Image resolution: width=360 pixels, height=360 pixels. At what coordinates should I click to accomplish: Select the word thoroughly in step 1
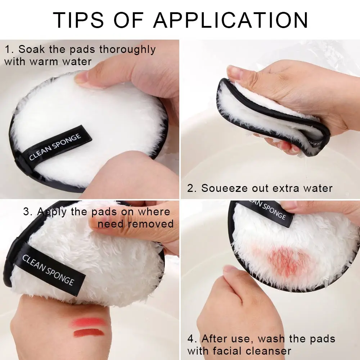(128, 49)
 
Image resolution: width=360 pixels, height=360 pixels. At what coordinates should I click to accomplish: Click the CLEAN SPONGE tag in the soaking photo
(55, 147)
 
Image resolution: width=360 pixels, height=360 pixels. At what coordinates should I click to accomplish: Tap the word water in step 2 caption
(317, 188)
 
